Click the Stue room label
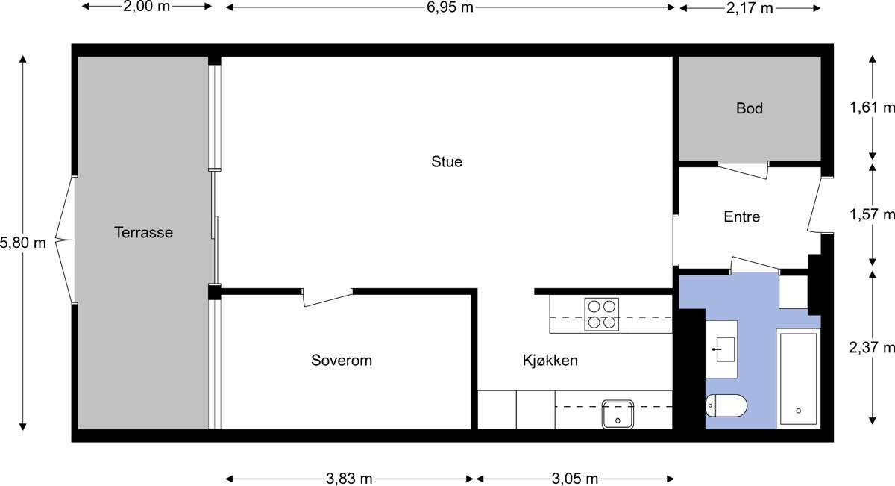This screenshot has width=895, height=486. pos(447,161)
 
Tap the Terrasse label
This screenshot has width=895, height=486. pos(143,232)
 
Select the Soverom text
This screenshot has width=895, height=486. pos(341,361)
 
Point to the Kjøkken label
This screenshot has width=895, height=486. pos(550,361)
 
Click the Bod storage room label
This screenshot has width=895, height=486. pos(750,108)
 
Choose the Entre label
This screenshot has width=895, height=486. pos(742,216)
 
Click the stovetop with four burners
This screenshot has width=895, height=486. pos(602,314)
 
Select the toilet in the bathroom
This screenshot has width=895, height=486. pos(726,407)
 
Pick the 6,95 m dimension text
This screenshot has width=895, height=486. pos(450,7)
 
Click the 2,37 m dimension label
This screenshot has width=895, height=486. pos(872,347)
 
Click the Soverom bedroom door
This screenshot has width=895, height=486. pos(327,297)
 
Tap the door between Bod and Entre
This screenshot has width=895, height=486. pos(744,169)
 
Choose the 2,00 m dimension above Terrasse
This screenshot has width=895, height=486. pos(146,7)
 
